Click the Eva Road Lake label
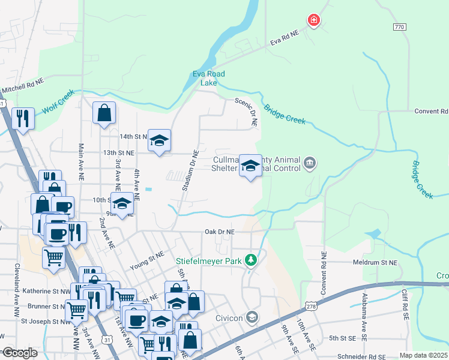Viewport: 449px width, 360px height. point(208,78)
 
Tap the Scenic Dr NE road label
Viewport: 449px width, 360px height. point(246,112)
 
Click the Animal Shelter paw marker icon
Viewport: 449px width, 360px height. point(310,161)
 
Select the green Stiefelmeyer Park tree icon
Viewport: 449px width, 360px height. point(253,260)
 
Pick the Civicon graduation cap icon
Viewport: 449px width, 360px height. point(253,317)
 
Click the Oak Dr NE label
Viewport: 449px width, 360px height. point(219,232)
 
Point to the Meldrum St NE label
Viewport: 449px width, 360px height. point(375,262)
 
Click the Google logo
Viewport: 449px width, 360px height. point(20,353)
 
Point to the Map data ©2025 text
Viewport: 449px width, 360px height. point(423,355)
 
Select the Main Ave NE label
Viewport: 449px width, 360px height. point(80,162)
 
